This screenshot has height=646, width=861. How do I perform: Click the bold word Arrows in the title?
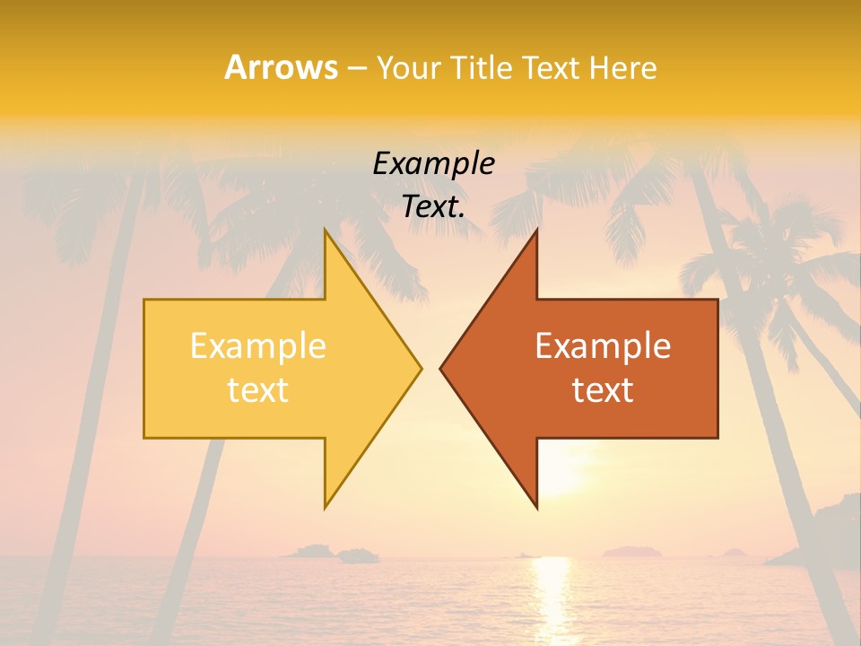tap(281, 67)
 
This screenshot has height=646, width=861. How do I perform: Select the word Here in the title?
tap(623, 68)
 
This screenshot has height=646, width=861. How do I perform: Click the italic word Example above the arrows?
tap(433, 163)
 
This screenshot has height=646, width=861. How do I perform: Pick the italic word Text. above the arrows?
tap(433, 207)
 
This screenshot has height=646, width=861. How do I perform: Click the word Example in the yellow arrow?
tap(257, 345)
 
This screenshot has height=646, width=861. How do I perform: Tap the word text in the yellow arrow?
tap(257, 389)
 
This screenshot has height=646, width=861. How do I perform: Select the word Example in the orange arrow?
tap(603, 345)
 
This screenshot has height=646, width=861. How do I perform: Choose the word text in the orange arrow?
tap(603, 389)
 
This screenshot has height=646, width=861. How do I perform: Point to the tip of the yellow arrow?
tap(421, 368)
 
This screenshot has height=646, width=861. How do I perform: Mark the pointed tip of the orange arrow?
tap(440, 368)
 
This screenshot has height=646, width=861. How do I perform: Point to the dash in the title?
tap(355, 68)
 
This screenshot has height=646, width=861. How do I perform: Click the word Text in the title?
tap(549, 68)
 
